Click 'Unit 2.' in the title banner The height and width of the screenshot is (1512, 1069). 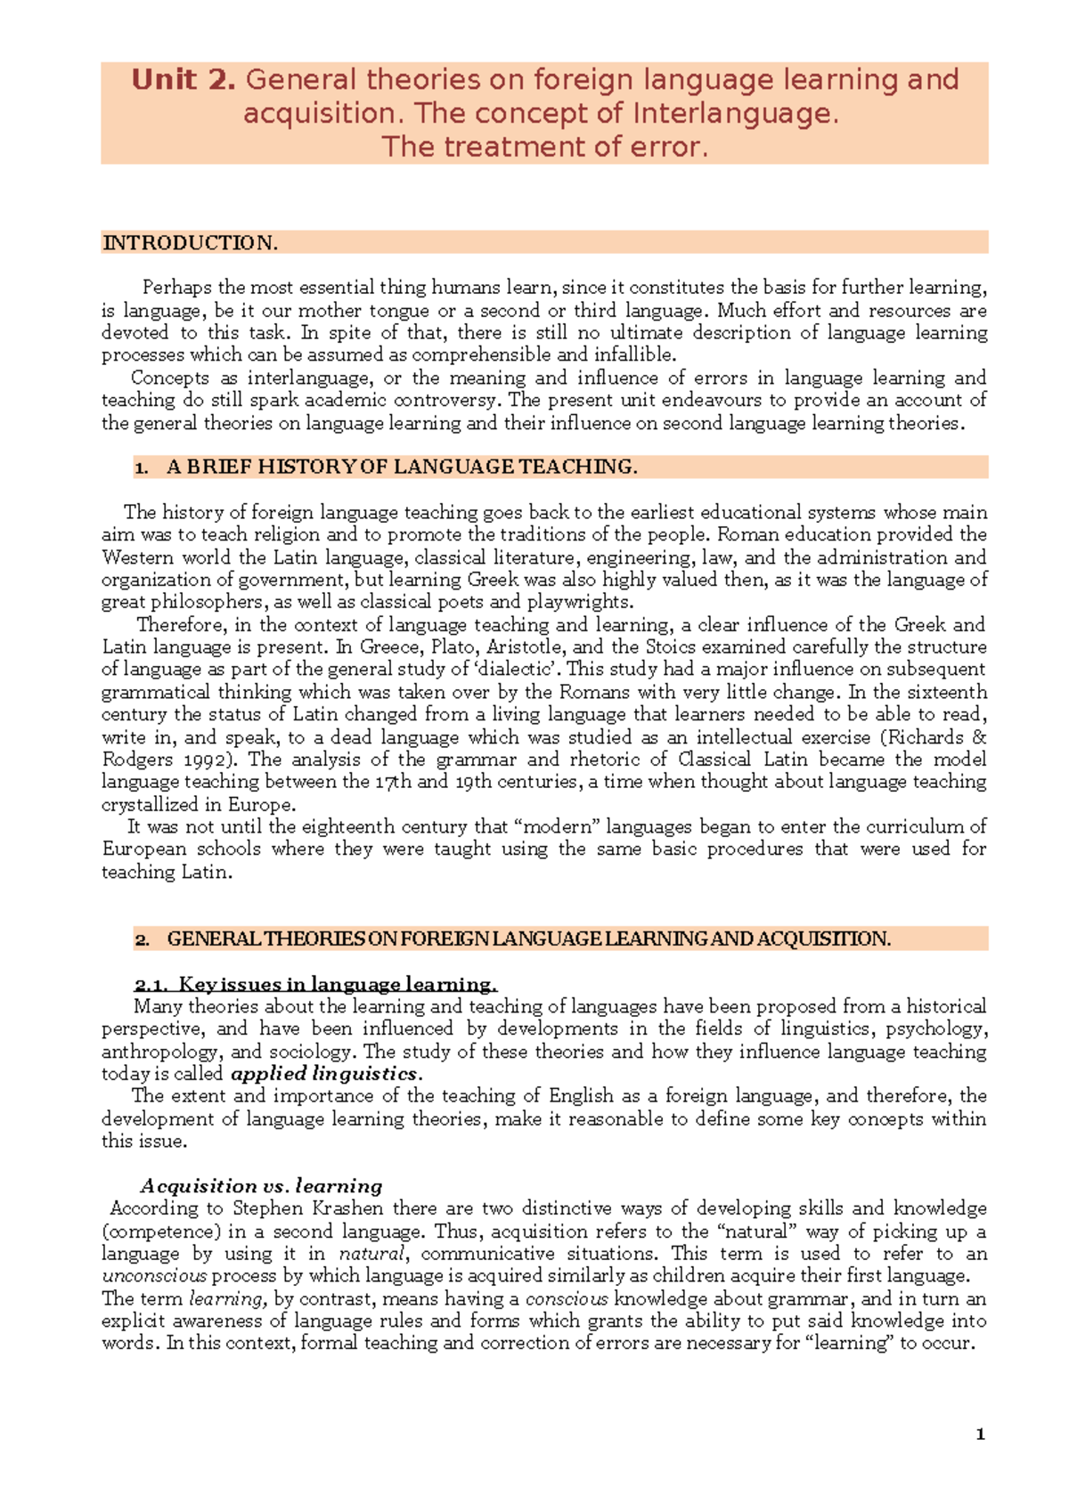coord(184,80)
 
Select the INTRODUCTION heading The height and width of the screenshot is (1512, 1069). coord(190,243)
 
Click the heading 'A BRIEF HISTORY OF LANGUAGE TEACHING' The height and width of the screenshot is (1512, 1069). coord(401,467)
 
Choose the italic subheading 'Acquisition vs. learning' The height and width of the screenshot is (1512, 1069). coord(262,1186)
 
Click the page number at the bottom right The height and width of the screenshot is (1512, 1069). coord(981,1435)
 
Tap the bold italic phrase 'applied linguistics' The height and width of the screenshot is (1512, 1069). coord(323,1074)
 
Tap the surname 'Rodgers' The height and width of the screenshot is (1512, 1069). coord(138,760)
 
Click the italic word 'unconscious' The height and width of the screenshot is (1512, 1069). coord(153,1276)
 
